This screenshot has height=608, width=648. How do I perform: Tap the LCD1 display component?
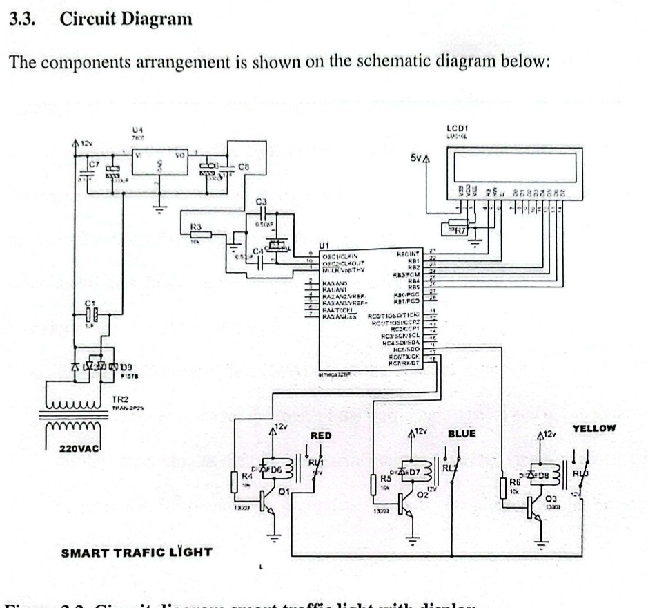pyautogui.click(x=511, y=166)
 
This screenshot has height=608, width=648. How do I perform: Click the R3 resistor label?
pyautogui.click(x=196, y=227)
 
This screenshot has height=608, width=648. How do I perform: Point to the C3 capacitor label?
pyautogui.click(x=261, y=201)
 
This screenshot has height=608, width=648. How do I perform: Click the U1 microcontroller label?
pyautogui.click(x=324, y=245)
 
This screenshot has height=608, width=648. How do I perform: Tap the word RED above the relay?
pyautogui.click(x=322, y=436)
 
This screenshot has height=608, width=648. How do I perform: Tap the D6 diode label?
pyautogui.click(x=276, y=469)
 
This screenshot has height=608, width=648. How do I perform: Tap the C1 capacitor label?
pyautogui.click(x=88, y=303)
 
